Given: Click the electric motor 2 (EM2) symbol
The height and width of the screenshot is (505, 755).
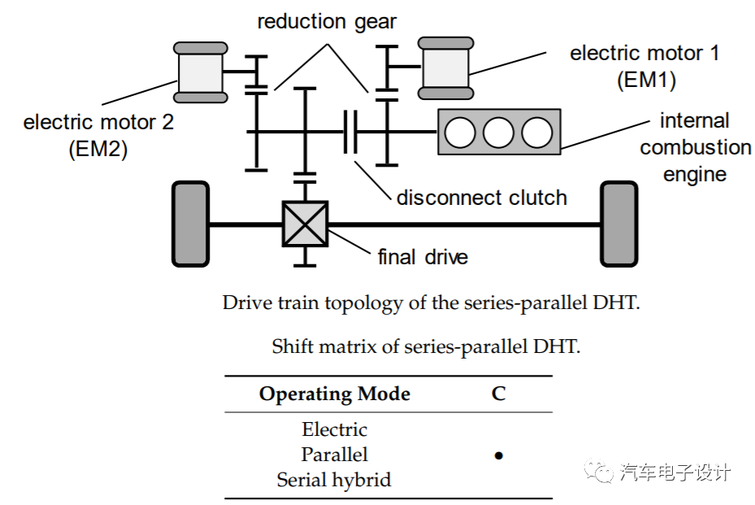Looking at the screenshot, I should coord(200,72).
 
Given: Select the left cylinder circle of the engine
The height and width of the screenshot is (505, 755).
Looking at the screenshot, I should coord(460,132).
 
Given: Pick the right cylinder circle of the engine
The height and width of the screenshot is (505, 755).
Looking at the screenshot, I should coord(537,132).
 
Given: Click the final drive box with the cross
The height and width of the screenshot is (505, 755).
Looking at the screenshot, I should coord(305,224).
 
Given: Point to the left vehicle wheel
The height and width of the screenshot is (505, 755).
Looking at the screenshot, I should coord(190,223).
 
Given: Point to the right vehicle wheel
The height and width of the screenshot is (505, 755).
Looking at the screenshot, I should coord(619,223).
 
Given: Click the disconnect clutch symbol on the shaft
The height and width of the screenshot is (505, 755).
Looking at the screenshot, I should coord(351,132).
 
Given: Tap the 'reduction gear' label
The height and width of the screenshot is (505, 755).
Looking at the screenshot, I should coord(327,22).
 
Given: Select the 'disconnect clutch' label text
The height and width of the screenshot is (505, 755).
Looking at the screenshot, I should coord(481,198).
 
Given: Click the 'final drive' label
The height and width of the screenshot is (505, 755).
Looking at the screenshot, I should coord(423,258).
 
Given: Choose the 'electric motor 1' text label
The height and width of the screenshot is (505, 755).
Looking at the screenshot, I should coord(644,54).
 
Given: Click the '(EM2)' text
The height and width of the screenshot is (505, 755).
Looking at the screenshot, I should coord(98,150).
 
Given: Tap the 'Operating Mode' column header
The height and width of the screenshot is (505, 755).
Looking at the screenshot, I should coord(334,394).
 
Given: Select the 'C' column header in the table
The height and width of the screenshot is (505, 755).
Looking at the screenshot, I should coord(498,394).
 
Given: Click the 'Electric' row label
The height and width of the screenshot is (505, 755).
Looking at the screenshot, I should coord(334,429).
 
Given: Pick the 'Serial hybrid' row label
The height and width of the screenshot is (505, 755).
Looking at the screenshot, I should coord(334,480).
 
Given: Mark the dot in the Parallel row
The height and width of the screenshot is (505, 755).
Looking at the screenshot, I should coord(498,455).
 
